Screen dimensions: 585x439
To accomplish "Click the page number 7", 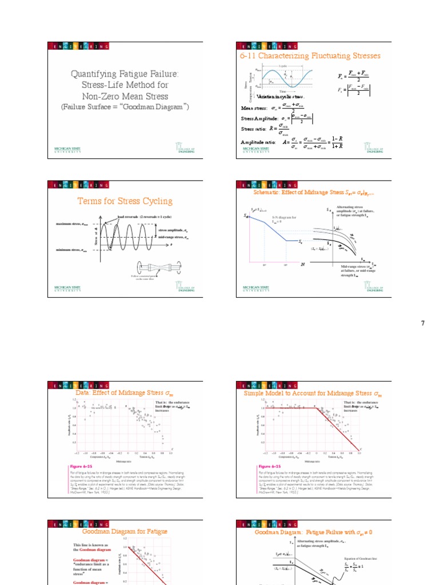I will [x=423, y=323].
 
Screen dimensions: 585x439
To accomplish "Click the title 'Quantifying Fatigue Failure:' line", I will [x=125, y=74].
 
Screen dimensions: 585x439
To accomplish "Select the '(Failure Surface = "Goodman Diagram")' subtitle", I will [x=125, y=107].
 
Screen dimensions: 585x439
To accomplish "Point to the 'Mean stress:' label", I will [x=256, y=106].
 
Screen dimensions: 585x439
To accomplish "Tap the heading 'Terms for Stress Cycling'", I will [x=125, y=201].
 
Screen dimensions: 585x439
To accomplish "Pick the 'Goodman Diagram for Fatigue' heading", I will [x=125, y=531].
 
